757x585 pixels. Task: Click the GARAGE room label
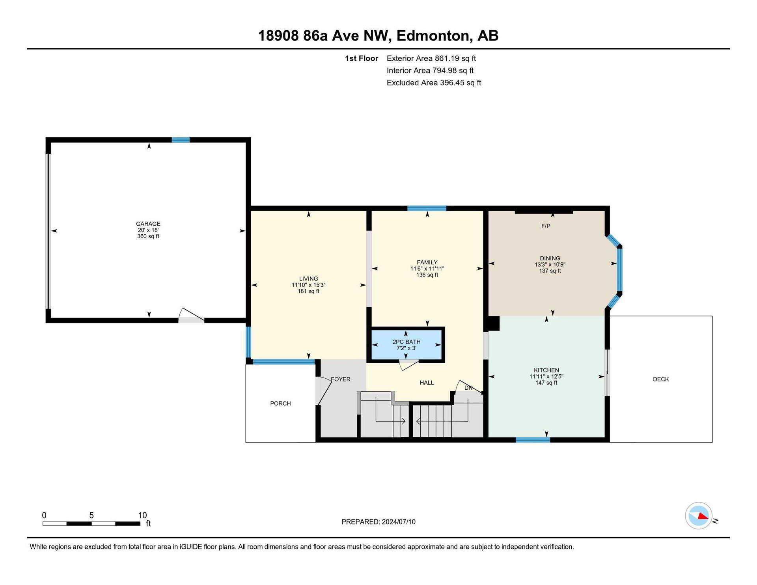click(x=148, y=224)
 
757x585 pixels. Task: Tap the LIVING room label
click(x=308, y=278)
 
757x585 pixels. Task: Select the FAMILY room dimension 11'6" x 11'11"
click(x=427, y=269)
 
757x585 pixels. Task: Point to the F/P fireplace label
click(x=546, y=226)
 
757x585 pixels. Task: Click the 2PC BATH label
click(x=406, y=342)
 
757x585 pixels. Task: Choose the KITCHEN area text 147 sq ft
click(x=546, y=383)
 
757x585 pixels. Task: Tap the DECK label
click(x=661, y=379)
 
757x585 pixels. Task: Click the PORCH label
click(x=280, y=403)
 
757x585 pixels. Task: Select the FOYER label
click(x=341, y=379)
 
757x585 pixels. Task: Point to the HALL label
click(x=427, y=383)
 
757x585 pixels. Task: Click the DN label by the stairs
click(x=468, y=388)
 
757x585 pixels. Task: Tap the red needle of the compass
click(x=703, y=516)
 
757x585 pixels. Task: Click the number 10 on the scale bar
click(x=142, y=515)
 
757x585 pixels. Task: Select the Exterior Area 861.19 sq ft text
click(x=431, y=58)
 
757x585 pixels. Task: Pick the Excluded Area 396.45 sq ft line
click(x=434, y=83)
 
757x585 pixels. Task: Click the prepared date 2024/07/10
click(x=399, y=522)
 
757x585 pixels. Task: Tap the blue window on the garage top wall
click(x=181, y=140)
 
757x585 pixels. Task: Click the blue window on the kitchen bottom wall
click(x=533, y=440)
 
